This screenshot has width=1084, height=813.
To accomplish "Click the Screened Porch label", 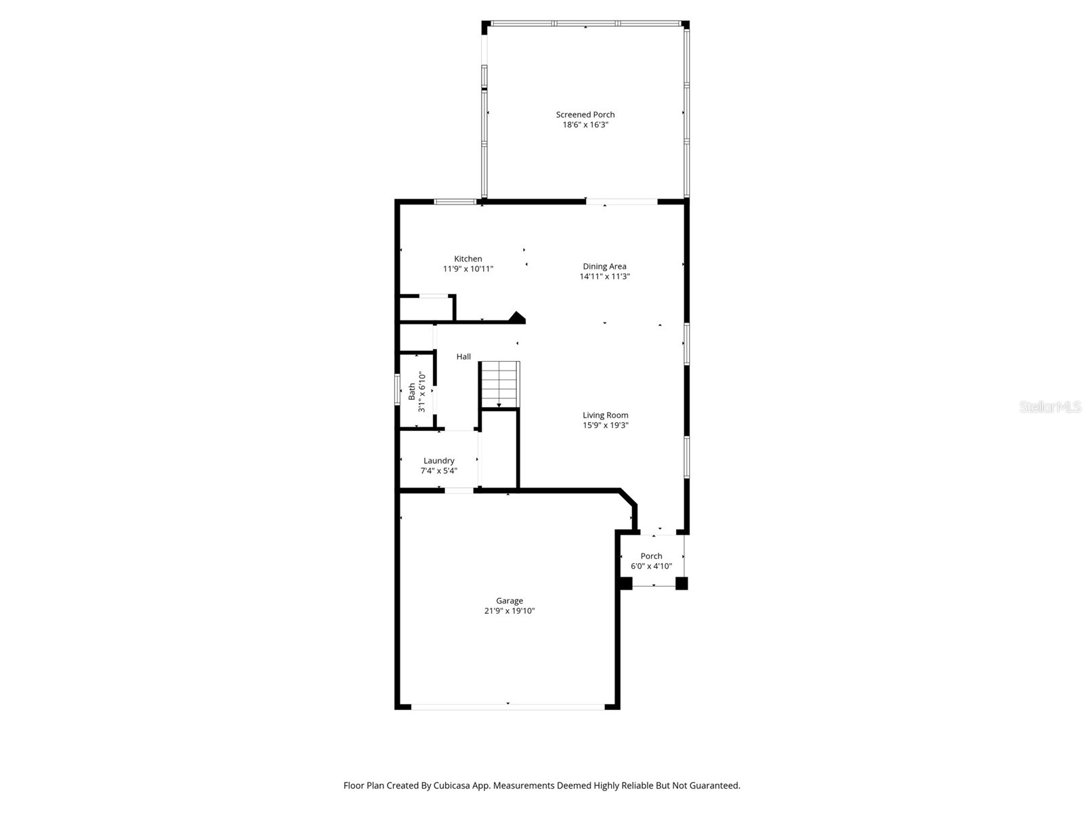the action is click(585, 114).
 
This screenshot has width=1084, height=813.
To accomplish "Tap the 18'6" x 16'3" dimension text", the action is click(585, 125).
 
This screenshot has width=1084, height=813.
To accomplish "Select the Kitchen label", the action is click(467, 259).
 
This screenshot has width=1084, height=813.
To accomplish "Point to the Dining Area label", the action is click(604, 266).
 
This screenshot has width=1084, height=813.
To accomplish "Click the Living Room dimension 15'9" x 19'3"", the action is click(606, 425).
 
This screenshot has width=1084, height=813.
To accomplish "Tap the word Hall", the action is click(463, 356).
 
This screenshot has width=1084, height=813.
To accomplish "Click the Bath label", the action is click(412, 392).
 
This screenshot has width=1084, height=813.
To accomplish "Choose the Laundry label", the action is click(438, 461).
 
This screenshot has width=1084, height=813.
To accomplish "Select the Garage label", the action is click(509, 601).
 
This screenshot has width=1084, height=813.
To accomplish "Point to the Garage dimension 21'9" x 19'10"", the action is click(509, 610).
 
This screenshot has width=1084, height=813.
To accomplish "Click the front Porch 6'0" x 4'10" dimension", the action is click(651, 566).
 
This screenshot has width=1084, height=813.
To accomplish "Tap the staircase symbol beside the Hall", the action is click(500, 384).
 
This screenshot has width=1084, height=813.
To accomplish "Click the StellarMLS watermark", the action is click(1050, 406).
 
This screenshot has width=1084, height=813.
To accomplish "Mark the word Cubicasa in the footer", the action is click(452, 785).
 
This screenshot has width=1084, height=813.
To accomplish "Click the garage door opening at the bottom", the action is click(507, 707).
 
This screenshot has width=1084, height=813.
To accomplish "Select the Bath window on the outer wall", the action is click(397, 390).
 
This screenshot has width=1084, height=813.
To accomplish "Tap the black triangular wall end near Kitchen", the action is click(517, 317).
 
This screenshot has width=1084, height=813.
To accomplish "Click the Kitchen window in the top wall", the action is click(455, 201).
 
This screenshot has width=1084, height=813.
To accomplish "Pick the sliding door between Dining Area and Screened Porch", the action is click(622, 201).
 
